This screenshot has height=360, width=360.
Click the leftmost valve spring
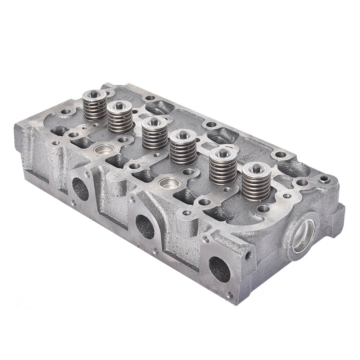tap(94, 108)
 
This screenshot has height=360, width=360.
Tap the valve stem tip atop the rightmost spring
tap(256, 168)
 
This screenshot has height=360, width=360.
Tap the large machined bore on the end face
tap(303, 236)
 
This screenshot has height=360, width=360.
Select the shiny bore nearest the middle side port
tap(169, 183)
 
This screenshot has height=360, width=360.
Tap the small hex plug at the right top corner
tap(325, 179)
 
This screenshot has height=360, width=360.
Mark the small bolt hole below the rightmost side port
tap(230, 295)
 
